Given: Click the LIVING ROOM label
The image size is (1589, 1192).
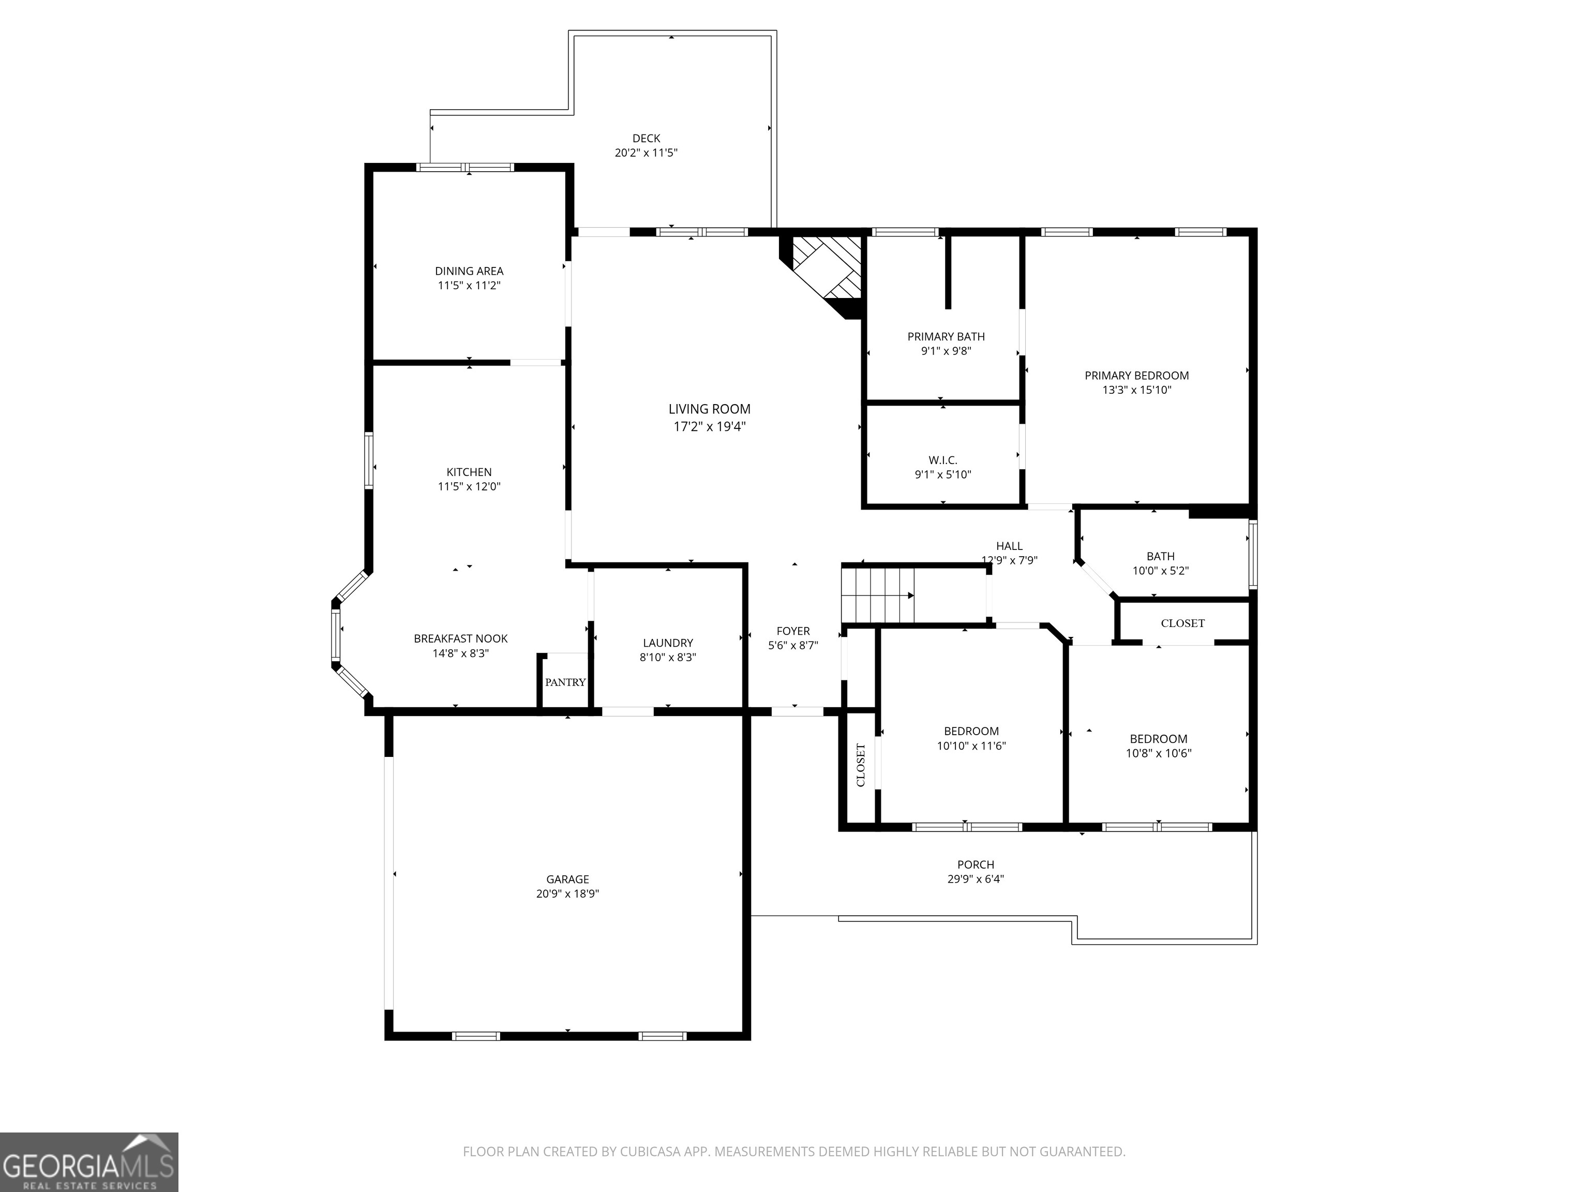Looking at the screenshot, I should click(709, 409).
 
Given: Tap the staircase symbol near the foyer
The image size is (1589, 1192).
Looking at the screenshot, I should click(878, 595).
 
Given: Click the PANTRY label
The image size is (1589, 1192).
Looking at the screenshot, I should click(565, 682).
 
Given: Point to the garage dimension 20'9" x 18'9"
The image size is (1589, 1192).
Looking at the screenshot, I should click(567, 894).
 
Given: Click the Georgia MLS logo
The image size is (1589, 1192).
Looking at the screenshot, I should click(88, 1162).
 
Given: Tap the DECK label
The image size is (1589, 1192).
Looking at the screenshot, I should click(646, 139).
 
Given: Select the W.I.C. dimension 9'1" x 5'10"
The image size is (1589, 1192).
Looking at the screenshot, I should click(942, 474).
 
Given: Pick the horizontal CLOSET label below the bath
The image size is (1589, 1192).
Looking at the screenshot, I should click(1182, 623).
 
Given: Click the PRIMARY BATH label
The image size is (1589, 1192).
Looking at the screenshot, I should click(946, 336).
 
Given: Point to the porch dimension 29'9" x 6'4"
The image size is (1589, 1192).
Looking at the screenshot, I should click(975, 878).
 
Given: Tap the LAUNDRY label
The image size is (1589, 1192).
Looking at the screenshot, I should click(667, 643).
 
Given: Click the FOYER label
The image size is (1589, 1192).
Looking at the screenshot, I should click(793, 631).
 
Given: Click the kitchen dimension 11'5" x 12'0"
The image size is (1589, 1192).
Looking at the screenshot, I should click(469, 486).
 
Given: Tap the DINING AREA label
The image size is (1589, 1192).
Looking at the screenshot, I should click(469, 271).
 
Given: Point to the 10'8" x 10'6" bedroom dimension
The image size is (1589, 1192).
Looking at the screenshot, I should click(1158, 753).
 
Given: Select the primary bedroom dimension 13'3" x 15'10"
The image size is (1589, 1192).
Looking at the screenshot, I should click(1136, 390).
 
